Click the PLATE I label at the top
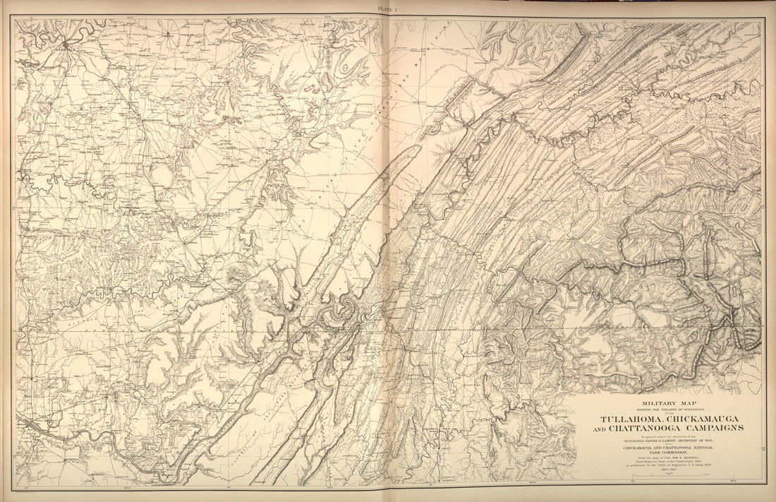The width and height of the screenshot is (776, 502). coord(387,9)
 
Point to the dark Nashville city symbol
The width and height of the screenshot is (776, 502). coord(66,45)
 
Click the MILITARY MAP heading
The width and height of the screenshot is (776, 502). coord(654,405)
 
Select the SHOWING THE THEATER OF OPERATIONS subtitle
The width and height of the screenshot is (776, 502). coord(655,410)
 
